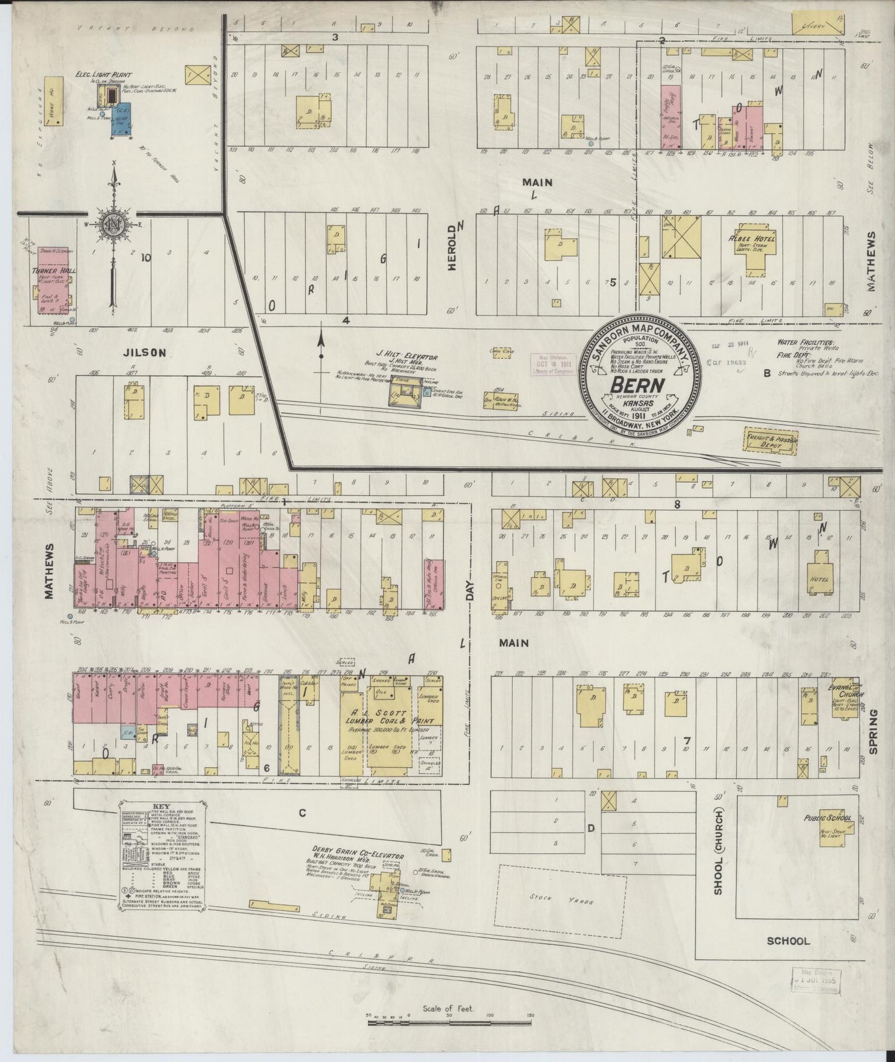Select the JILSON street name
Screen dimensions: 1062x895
point(144,353)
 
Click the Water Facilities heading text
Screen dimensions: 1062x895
point(806,342)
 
